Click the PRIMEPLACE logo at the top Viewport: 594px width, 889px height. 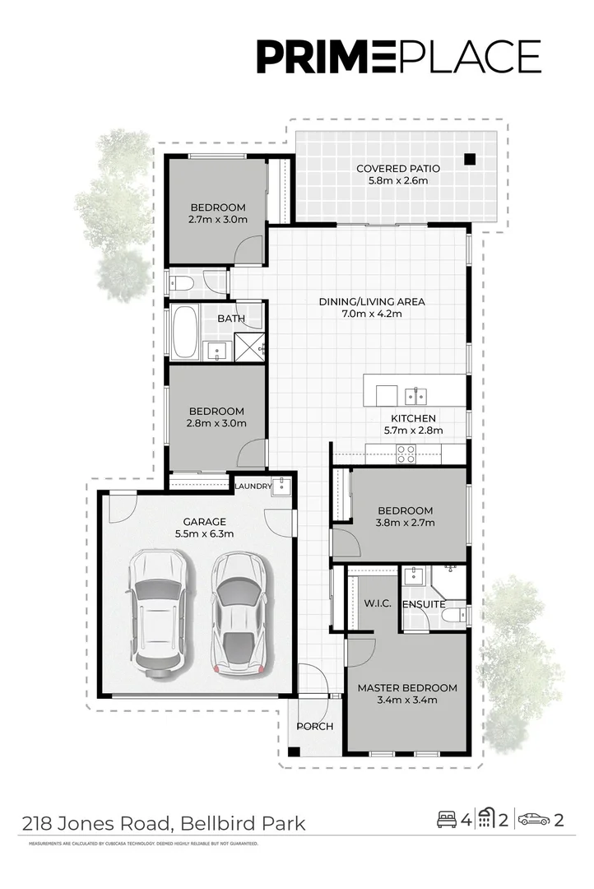click(x=398, y=58)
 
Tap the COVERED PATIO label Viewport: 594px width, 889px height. click(x=398, y=169)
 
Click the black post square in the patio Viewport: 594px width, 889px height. click(x=470, y=159)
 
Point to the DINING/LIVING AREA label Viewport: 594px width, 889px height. click(x=372, y=301)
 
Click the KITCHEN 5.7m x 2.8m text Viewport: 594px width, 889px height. click(x=413, y=424)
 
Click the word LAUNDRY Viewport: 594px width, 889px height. click(x=253, y=486)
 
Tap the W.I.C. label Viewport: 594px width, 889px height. click(x=376, y=604)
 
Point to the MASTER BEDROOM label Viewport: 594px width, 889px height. click(x=406, y=687)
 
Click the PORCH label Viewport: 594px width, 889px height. click(x=314, y=726)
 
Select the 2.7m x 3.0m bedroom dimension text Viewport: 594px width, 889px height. click(x=218, y=219)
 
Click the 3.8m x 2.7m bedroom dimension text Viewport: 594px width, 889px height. click(x=406, y=522)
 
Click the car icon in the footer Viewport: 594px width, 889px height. click(x=535, y=819)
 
